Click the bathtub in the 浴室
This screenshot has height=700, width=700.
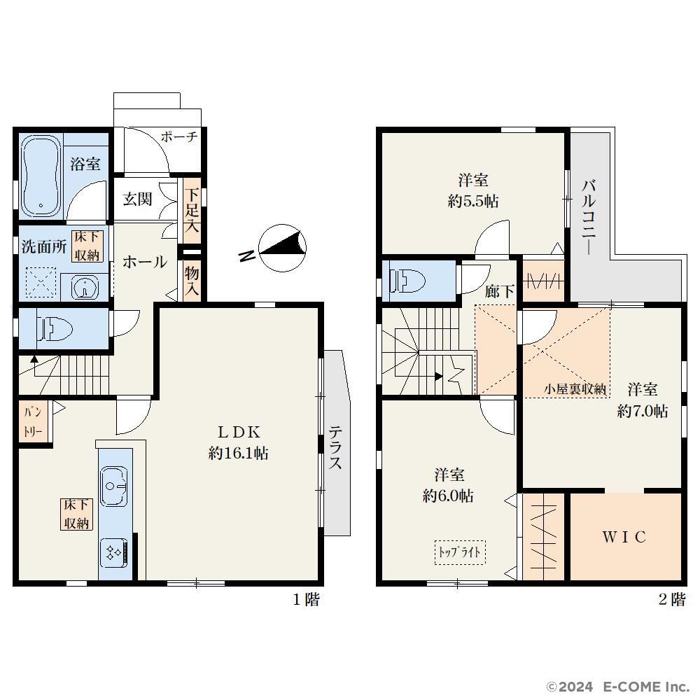click(x=41, y=176)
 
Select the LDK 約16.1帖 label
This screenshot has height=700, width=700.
click(x=239, y=442)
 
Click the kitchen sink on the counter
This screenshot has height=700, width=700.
click(x=114, y=486)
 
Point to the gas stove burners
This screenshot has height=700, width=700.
click(x=114, y=553)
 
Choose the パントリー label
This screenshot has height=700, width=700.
click(x=33, y=421)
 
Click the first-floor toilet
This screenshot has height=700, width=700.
click(x=55, y=328)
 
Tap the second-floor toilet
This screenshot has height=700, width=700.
click(x=407, y=281)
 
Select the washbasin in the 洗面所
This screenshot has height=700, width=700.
click(x=85, y=287)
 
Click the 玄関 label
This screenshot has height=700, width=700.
click(x=137, y=199)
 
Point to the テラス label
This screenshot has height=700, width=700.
click(x=335, y=447)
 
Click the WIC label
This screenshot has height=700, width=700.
click(x=624, y=537)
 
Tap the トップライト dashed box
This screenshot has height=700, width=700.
click(x=460, y=552)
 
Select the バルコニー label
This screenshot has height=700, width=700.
click(x=589, y=218)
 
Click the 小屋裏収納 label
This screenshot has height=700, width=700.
click(x=575, y=388)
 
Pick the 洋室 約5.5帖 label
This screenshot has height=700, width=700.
click(x=473, y=190)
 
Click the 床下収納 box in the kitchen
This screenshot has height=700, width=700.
click(x=77, y=514)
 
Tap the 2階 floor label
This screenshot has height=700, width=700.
click(x=672, y=599)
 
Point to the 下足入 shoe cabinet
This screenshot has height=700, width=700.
click(x=192, y=211)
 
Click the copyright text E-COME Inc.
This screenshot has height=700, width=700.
click(x=646, y=686)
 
